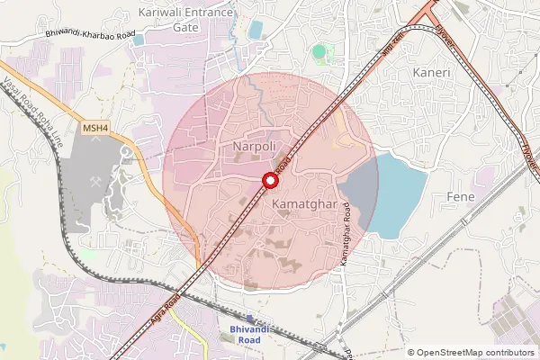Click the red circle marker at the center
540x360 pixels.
(x=268, y=180)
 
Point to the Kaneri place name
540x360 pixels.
(x=431, y=71)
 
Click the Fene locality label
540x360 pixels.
(x=459, y=195)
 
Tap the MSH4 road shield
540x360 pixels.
(x=95, y=129)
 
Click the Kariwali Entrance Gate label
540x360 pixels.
(x=186, y=20)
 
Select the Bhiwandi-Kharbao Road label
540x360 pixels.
(x=90, y=34)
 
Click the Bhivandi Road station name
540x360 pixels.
(x=243, y=335)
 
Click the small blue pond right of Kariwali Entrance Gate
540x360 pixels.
(x=255, y=31)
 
